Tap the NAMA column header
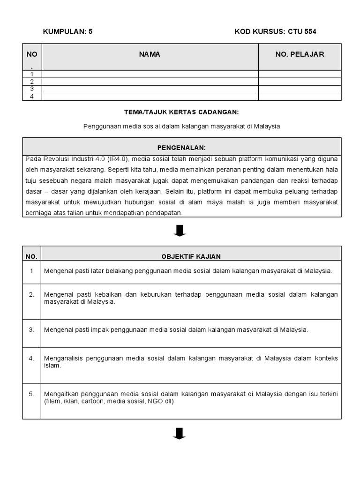150,54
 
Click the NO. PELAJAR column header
300,54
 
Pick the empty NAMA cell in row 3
150,89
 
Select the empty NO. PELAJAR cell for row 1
300,74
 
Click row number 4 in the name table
32,97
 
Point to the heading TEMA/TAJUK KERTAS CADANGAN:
181,112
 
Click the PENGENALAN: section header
181,147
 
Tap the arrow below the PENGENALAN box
180,231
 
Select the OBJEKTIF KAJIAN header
191,256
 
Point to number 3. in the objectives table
31,330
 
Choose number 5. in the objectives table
31,394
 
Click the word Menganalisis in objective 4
63,358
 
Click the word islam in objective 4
52,366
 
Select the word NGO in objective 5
153,401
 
